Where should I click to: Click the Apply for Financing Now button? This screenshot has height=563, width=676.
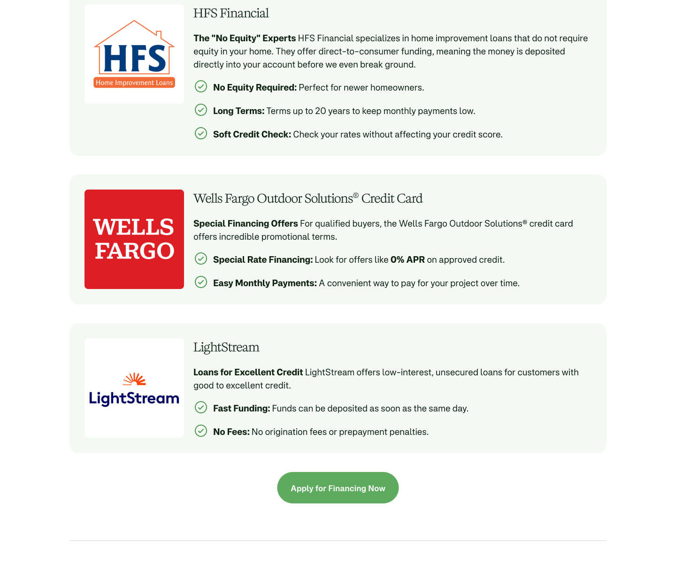click(338, 488)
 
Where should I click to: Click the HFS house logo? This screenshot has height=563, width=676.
click(134, 54)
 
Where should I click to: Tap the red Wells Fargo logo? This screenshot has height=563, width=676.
click(134, 239)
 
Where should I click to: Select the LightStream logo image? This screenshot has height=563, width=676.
click(134, 388)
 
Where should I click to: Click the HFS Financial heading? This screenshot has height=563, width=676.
click(231, 13)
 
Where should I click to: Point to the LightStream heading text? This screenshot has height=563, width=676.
click(226, 347)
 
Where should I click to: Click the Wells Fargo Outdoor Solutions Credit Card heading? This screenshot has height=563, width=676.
click(308, 198)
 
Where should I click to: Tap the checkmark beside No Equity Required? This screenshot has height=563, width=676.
click(201, 86)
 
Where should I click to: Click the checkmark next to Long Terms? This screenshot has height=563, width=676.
click(201, 110)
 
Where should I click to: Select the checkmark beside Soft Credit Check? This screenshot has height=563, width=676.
click(201, 133)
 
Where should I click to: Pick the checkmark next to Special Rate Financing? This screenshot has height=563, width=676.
click(201, 259)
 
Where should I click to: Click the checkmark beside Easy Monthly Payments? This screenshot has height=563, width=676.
click(201, 282)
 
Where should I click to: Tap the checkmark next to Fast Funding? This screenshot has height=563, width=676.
click(201, 407)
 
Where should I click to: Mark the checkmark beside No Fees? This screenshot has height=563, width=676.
click(201, 431)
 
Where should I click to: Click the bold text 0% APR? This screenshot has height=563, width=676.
click(407, 260)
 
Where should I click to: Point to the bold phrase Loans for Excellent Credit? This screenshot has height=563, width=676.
click(248, 373)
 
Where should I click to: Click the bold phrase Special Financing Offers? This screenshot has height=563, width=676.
click(246, 224)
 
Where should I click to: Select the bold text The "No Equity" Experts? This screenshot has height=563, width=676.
click(245, 38)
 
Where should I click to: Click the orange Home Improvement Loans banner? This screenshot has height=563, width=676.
click(134, 83)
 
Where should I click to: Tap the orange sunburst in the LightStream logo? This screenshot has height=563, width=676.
click(135, 379)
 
